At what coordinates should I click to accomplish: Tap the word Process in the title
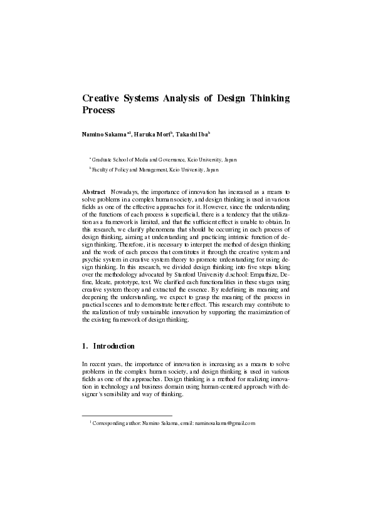pos(99,110)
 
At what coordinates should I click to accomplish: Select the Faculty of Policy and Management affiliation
pos(156,169)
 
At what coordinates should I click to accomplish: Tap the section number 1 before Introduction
pos(85,346)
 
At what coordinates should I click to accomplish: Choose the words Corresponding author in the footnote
pos(117,424)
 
